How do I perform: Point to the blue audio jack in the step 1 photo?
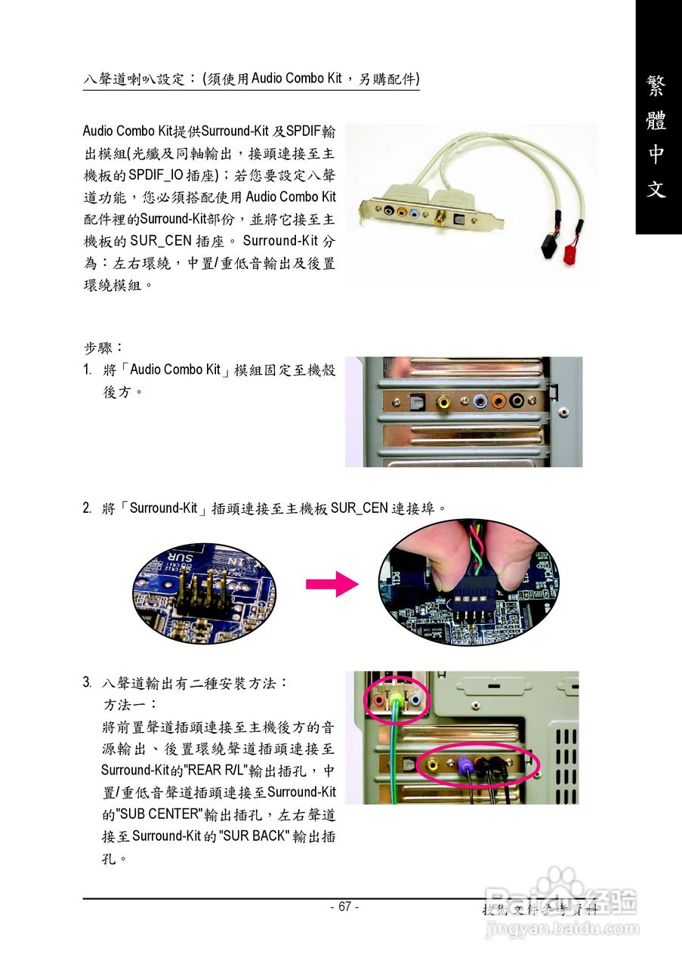480,402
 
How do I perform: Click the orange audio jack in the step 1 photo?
498,402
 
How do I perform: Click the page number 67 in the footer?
344,907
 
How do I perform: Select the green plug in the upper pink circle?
396,699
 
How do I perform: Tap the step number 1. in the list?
88,370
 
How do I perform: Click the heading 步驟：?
103,348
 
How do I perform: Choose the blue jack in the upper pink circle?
416,700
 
